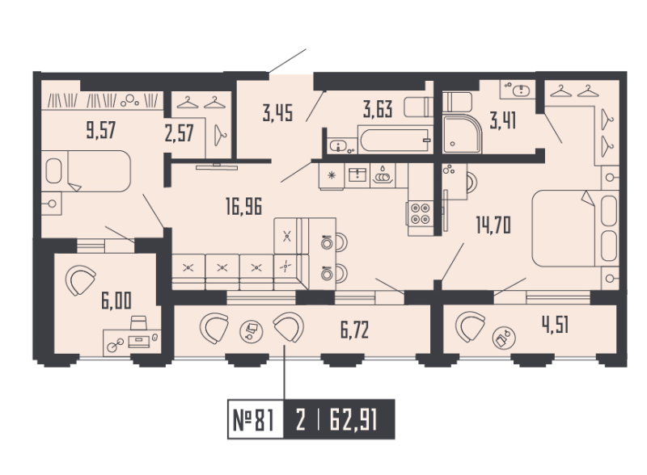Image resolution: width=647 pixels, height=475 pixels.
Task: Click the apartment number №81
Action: coord(252,420)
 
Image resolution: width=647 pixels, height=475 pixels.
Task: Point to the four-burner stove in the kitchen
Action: coord(421,212)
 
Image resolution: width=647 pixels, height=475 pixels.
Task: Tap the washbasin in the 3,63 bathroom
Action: coord(340,145)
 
